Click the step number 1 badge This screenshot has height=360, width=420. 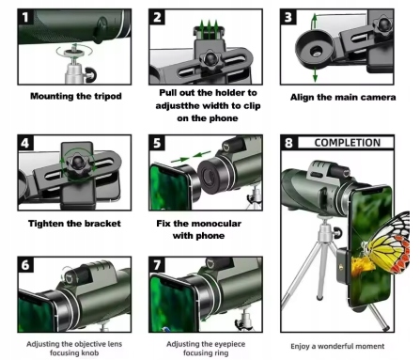pos(25,17)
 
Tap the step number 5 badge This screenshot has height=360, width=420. pos(157,143)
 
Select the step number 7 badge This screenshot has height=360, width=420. pos(157,265)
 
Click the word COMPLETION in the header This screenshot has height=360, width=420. pos(348,143)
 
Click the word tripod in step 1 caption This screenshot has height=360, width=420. pos(105,96)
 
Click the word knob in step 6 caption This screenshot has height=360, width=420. pos(89,353)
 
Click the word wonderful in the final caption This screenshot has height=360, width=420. pos(335,347)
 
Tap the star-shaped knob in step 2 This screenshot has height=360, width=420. pos(210,59)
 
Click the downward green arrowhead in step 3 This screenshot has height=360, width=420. pos(315,78)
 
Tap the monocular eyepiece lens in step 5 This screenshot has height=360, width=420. pos(208,176)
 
